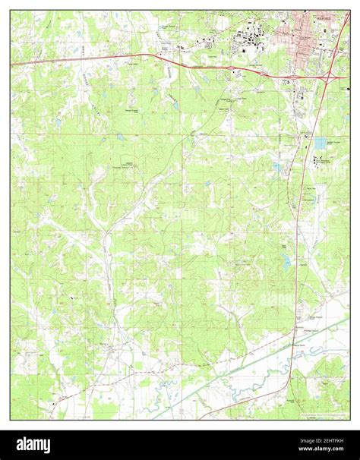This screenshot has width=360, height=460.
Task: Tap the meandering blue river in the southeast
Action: [x=228, y=398]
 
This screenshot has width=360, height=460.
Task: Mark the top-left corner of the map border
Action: [x=11, y=11]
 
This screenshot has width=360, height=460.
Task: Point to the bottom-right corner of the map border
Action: [x=350, y=420]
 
